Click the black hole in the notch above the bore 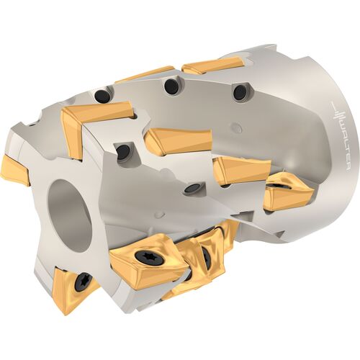(123, 152)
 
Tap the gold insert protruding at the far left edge (14, 170)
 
